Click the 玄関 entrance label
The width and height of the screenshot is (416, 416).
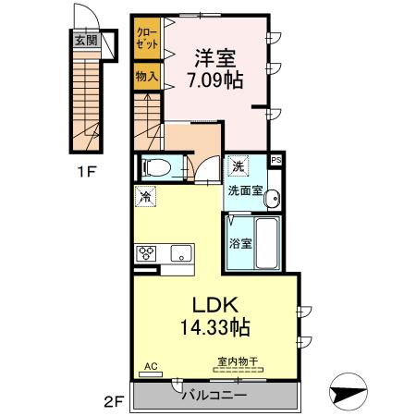click(87, 40)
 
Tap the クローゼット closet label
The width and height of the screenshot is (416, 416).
click(147, 38)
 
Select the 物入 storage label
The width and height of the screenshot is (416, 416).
click(147, 76)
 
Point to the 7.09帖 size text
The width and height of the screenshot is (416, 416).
click(215, 80)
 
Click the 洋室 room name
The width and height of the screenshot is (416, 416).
click(215, 58)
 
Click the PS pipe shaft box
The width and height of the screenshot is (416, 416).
click(276, 160)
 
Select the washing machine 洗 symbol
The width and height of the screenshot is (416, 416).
click(238, 165)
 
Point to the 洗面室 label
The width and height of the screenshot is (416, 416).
click(245, 191)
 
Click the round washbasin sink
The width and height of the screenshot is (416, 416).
click(272, 198)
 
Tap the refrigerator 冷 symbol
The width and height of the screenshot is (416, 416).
click(145, 196)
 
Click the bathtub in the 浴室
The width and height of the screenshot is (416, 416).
click(267, 243)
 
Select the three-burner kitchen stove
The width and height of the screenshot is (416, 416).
click(147, 253)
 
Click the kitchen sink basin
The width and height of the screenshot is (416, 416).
click(182, 253)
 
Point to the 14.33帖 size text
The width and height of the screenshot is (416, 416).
click(214, 327)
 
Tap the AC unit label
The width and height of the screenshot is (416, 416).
click(151, 366)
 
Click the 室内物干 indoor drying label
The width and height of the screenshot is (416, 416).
click(238, 361)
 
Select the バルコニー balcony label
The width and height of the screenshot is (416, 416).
click(214, 395)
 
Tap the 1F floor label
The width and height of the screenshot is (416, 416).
click(87, 172)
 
